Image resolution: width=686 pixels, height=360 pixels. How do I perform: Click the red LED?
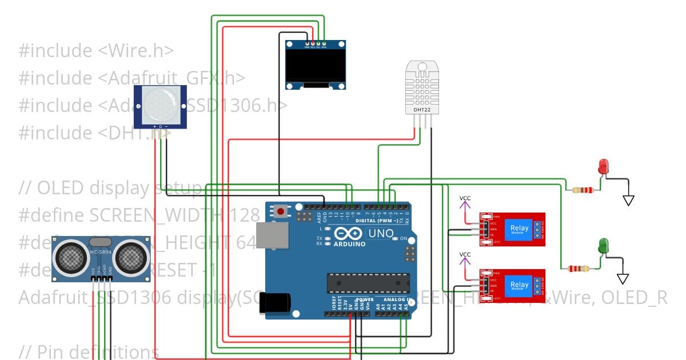coord(603,167)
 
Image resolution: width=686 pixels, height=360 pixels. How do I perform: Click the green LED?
coord(603,246)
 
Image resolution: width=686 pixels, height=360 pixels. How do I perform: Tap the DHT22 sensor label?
coord(422,109)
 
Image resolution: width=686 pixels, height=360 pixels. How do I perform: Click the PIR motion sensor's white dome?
coord(160,106)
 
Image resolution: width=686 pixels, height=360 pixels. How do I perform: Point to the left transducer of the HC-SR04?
coord(71,257)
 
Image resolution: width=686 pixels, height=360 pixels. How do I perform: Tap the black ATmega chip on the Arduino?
coord(368,283)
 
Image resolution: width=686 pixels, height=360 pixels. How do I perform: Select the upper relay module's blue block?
coord(520,229)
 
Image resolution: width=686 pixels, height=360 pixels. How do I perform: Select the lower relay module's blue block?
coord(520,285)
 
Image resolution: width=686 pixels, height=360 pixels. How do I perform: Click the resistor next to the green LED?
coord(579,269)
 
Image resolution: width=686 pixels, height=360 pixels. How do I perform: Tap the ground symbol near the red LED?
coord(628,201)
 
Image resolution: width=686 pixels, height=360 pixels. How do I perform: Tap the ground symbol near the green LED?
coord(623,279)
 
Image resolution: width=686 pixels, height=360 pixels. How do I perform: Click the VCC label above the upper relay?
coord(465,198)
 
